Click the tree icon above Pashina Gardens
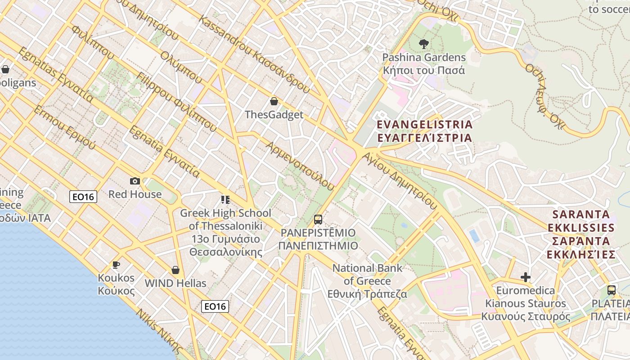[x=423, y=44]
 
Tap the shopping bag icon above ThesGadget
[x=274, y=101]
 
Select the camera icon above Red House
[x=135, y=181]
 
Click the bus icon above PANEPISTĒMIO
[x=318, y=220]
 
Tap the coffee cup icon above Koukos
[x=116, y=265]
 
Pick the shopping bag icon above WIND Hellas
[x=175, y=270]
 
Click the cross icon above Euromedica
[x=525, y=277]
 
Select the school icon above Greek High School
[x=225, y=199]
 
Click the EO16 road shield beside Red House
[x=83, y=196]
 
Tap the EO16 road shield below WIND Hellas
[x=215, y=306]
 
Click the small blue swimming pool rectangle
[x=474, y=236]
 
